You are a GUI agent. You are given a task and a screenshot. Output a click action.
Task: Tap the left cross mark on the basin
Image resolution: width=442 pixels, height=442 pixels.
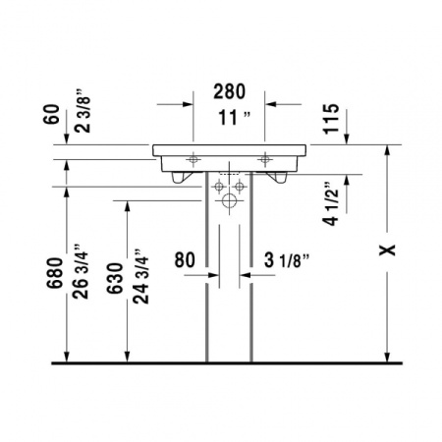coord(193,158)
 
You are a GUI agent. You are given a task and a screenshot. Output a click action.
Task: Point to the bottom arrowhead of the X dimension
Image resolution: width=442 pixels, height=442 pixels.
coord(387,358)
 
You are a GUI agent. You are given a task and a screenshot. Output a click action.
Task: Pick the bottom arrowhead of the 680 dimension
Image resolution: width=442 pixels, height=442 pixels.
coord(66,358)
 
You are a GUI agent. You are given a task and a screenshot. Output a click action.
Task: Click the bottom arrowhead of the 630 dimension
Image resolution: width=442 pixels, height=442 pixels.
coord(126,358)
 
